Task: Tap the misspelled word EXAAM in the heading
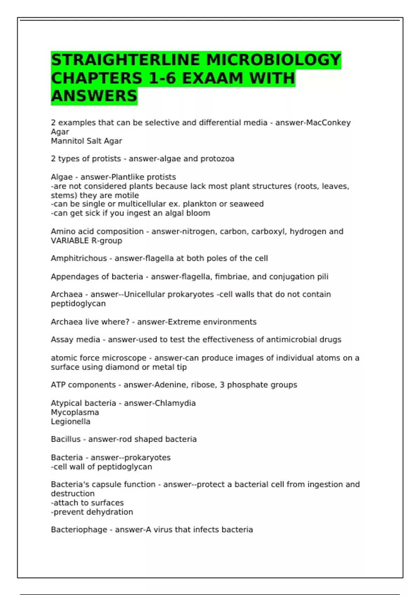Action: tap(212, 78)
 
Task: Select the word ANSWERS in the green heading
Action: tap(94, 96)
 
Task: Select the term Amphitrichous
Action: tap(79, 258)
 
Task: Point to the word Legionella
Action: tap(70, 422)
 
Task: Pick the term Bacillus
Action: tap(65, 439)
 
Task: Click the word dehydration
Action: tap(111, 512)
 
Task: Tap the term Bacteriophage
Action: tap(79, 530)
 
